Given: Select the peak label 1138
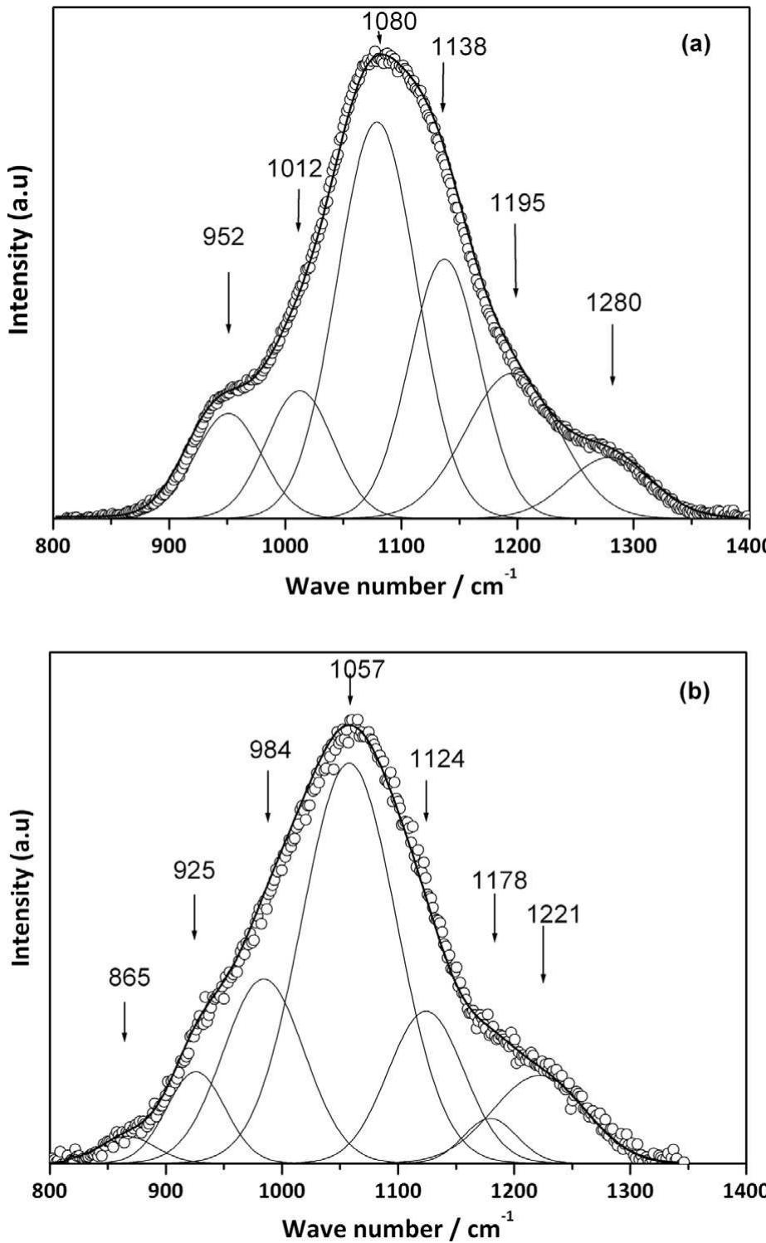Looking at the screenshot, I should [x=459, y=47].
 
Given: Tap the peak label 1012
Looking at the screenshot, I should [x=294, y=170].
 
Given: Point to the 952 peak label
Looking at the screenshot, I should [x=224, y=237].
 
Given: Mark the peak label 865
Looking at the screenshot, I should [x=129, y=977].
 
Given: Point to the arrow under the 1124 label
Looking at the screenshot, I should [x=427, y=797].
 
